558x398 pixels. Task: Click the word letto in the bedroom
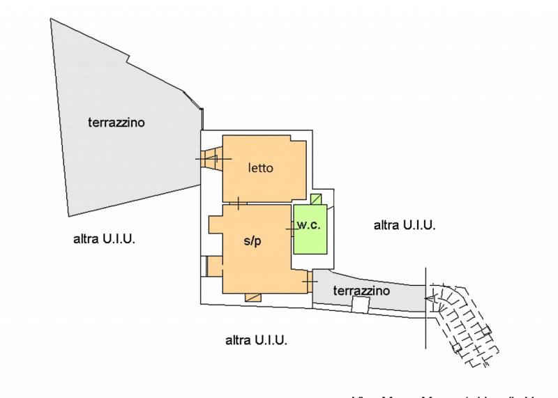pos(260,168)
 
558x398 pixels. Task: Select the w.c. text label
pos(308,224)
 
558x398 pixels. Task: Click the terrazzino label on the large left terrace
pos(116,123)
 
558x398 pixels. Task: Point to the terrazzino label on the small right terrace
pos(361,290)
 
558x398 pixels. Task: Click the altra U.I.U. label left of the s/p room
pos(104,239)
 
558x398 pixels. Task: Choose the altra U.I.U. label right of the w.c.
pos(405,224)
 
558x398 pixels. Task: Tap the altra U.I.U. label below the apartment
pos(257,340)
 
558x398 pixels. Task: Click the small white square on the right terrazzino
pos(360,305)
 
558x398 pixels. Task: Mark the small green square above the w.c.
pos(317,199)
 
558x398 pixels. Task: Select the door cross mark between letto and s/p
pos(239,204)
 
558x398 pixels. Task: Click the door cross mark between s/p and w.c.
pos(292,229)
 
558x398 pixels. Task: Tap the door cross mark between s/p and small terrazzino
pos(308,281)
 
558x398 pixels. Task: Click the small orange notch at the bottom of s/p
pos(253,298)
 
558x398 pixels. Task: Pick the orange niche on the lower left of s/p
pos(214,266)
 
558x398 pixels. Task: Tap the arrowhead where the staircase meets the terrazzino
pos(430,300)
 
